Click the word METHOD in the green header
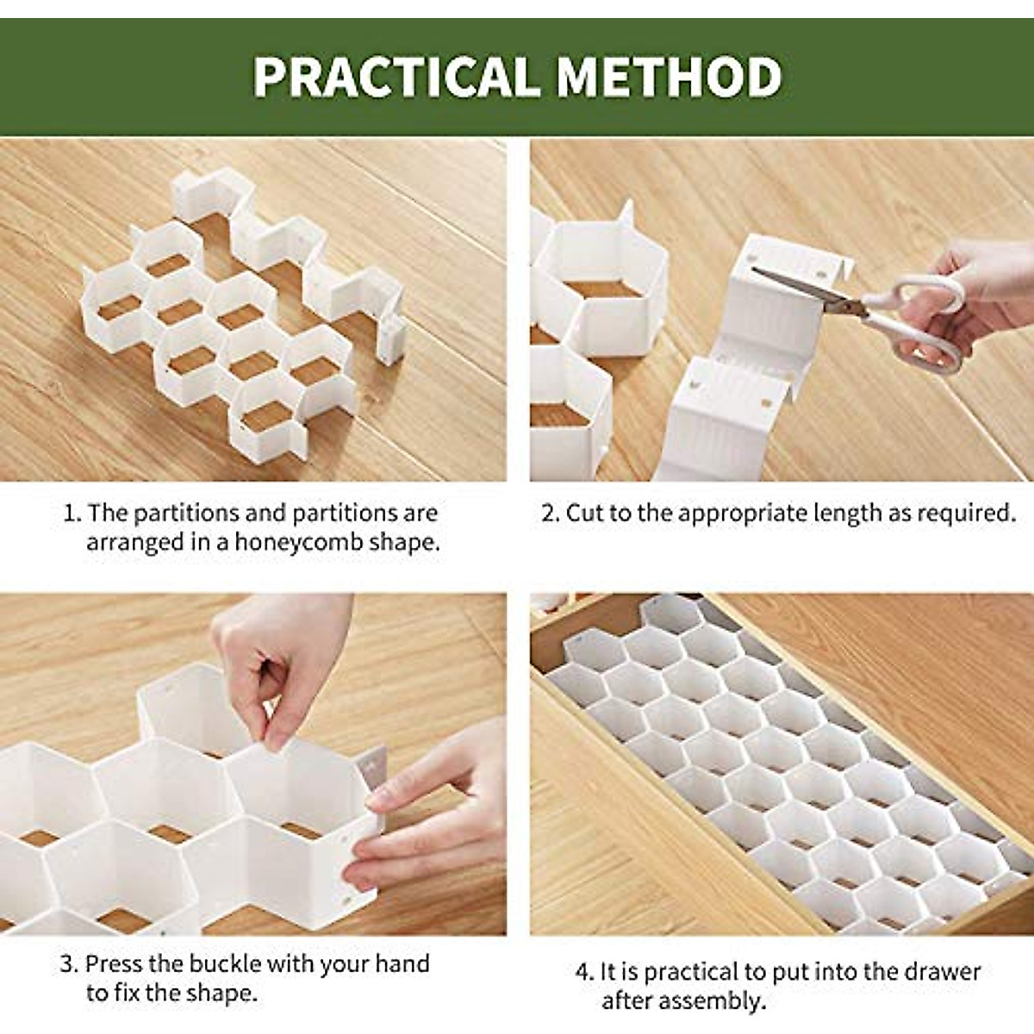(669, 77)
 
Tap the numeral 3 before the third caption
(68, 963)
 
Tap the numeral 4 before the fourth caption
(583, 973)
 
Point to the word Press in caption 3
(113, 963)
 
